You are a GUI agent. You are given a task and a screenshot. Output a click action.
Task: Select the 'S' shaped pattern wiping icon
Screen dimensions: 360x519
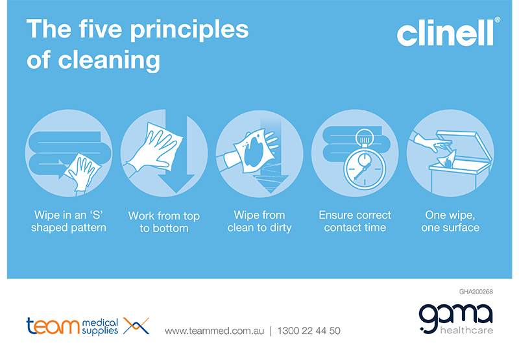69,154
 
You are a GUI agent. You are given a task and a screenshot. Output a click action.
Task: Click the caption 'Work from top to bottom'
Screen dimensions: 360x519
164,222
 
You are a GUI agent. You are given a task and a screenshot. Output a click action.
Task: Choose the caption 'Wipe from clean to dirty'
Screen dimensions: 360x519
259,221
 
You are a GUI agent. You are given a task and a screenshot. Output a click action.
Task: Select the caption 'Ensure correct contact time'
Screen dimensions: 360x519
355,221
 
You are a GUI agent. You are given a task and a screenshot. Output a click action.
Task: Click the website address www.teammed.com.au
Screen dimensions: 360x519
214,330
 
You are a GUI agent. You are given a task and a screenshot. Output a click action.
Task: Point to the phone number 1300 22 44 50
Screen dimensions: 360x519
309,330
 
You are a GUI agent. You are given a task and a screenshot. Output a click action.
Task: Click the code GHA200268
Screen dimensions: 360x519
475,291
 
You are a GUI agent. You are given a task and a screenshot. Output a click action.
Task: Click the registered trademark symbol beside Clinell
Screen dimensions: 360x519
498,21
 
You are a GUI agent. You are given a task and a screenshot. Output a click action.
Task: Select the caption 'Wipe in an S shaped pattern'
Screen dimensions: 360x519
69,221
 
